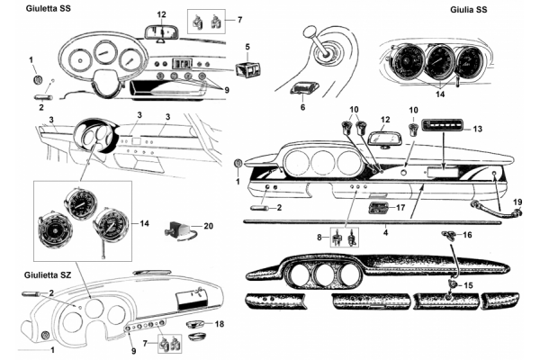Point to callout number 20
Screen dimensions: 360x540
tap(208, 227)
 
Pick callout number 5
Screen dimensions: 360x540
tap(247, 45)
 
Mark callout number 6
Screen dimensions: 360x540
tap(301, 106)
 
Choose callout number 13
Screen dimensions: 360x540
tap(479, 129)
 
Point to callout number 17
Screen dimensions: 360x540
tap(401, 207)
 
